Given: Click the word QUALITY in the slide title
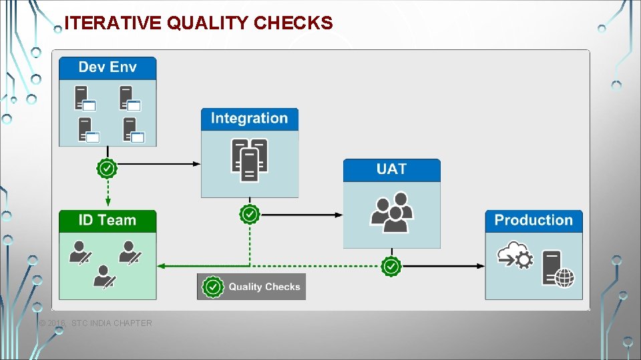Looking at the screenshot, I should (208, 23).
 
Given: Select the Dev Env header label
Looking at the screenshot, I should (108, 67).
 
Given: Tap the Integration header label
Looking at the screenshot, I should (249, 119).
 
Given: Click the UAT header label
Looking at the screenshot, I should (391, 169).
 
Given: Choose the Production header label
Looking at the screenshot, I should (533, 221).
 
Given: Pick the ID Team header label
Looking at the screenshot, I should (108, 221).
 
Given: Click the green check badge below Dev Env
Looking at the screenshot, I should (107, 168).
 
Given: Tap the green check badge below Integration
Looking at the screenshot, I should (249, 215).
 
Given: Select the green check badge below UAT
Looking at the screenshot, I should (391, 266).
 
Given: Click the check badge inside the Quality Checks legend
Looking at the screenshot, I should (213, 287).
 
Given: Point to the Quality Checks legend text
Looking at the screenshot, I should (264, 287).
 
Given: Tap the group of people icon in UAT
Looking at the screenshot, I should (391, 212).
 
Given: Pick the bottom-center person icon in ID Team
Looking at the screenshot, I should (103, 277).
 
